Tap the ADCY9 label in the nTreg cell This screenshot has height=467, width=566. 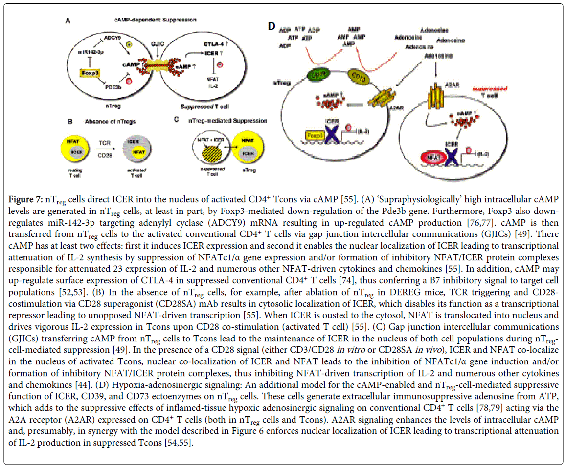point(110,37)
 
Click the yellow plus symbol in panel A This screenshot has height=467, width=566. point(130,45)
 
